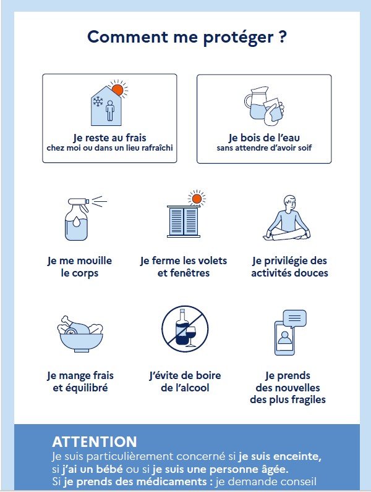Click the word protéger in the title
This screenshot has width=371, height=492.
pyautogui.click(x=239, y=38)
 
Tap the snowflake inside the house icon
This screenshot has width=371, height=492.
pyautogui.click(x=98, y=102)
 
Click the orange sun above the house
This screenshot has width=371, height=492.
pyautogui.click(x=117, y=90)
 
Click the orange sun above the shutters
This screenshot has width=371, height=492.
pyautogui.click(x=197, y=199)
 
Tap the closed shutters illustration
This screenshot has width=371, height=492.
pyautogui.click(x=184, y=221)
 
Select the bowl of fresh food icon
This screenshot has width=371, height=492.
pyautogui.click(x=80, y=333)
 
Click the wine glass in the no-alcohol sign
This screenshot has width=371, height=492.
pyautogui.click(x=190, y=336)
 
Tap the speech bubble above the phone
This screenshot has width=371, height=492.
pyautogui.click(x=294, y=319)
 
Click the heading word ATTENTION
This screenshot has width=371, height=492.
pyautogui.click(x=95, y=442)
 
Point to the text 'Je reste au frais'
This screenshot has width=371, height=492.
pyautogui.click(x=109, y=138)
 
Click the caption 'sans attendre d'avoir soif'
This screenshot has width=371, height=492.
pyautogui.click(x=264, y=148)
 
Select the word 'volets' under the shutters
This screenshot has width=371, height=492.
pyautogui.click(x=211, y=261)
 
